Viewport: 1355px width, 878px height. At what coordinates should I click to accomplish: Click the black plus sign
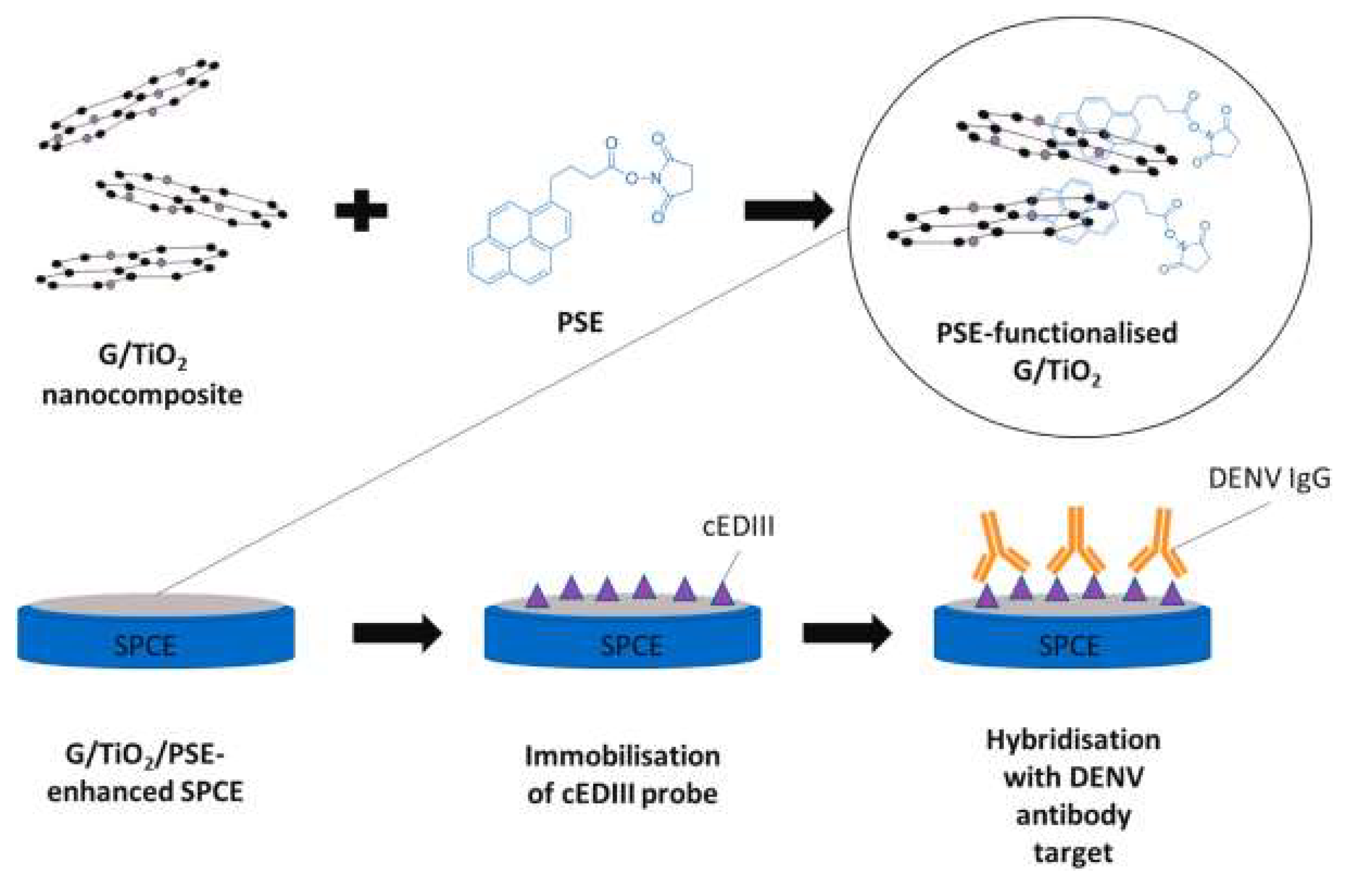(x=361, y=210)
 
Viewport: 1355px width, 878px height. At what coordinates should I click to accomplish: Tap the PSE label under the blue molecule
(x=580, y=323)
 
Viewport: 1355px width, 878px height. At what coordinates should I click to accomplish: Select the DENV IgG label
(x=1269, y=479)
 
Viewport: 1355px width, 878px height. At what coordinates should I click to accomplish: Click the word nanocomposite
(x=142, y=394)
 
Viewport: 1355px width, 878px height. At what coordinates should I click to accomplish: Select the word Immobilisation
(x=622, y=757)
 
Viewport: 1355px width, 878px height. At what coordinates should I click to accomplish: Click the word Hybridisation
(x=1073, y=740)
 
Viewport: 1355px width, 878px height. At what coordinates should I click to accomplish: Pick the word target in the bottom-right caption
(x=1073, y=853)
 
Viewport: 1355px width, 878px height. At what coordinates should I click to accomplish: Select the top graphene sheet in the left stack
(x=129, y=105)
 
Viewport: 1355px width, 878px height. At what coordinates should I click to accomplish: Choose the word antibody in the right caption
(x=1073, y=815)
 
